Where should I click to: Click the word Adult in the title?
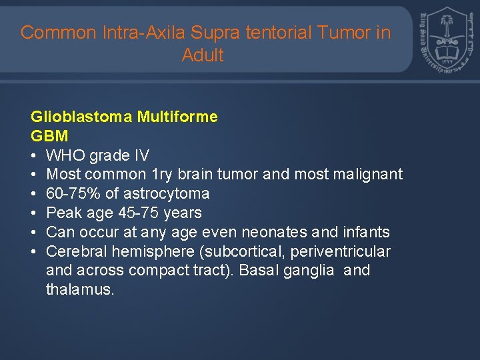click(203, 55)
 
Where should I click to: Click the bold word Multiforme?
click(177, 117)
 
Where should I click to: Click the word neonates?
click(291, 233)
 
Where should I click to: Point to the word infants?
click(367, 233)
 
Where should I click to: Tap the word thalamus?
click(79, 290)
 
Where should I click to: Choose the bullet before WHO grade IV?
click(34, 155)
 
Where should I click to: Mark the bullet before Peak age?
click(34, 213)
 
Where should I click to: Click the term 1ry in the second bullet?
click(162, 175)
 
